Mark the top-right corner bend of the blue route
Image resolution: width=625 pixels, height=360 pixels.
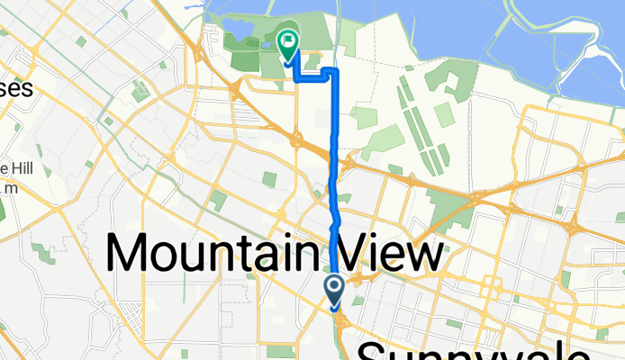pyautogui.click(x=335, y=70)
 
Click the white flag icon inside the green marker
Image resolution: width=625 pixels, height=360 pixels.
pyautogui.click(x=288, y=40)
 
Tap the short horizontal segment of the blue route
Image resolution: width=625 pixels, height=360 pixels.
pyautogui.click(x=311, y=79)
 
